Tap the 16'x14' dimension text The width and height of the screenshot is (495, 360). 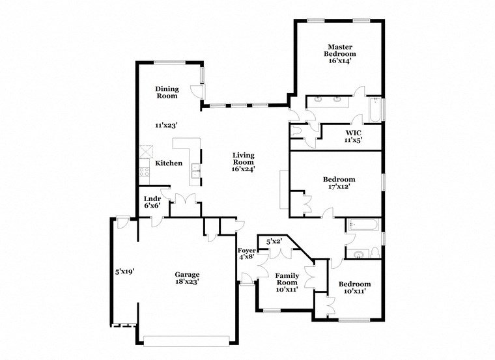point(339,62)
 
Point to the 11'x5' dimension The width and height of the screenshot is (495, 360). point(354,139)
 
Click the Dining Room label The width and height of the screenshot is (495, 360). point(166,92)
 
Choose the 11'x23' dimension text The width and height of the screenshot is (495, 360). point(166,125)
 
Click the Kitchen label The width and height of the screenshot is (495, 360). point(169,163)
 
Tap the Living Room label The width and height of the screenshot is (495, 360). point(242,159)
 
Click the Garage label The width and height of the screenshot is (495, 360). point(186,275)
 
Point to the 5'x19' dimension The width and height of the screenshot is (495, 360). point(124,271)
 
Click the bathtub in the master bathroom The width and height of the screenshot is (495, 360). point(375,110)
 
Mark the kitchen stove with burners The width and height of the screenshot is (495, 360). point(145,173)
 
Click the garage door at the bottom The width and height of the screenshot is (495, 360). point(186,340)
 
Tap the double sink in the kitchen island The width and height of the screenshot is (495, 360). point(195,172)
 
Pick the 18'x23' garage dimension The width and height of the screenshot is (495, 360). point(186,283)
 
